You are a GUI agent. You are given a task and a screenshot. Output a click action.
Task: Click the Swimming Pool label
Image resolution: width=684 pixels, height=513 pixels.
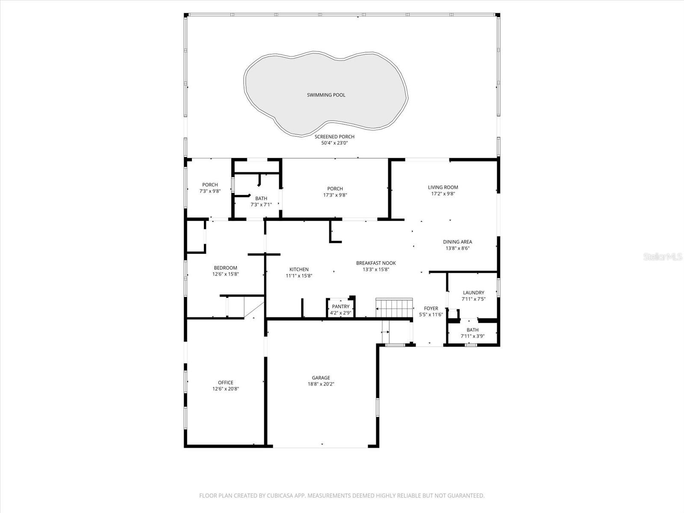326,95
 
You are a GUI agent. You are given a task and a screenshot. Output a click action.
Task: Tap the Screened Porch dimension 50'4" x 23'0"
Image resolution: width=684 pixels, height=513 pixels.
334,143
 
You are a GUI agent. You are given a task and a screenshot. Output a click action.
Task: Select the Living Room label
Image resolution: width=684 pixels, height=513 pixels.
443,187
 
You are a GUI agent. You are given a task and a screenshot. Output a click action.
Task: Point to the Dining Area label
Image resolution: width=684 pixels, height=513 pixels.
457,242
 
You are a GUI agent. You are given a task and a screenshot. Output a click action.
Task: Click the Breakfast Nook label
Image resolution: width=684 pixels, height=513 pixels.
376,263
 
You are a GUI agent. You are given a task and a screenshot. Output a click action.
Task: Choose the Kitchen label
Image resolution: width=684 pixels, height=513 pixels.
299,269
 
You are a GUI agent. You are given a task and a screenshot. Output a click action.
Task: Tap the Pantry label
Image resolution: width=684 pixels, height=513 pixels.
341,307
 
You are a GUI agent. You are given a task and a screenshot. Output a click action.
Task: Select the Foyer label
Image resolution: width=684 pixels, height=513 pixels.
431,308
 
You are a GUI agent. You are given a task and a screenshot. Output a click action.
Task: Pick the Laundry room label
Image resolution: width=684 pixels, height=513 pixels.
473,293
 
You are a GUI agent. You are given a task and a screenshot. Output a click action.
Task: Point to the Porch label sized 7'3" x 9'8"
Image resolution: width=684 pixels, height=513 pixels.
210,185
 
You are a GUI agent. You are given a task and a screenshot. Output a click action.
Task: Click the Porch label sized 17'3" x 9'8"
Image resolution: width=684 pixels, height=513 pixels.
335,189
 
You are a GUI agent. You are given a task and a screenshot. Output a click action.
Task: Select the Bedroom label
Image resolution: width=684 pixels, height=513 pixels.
225,268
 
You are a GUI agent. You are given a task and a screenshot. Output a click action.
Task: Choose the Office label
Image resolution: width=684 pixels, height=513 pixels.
225,383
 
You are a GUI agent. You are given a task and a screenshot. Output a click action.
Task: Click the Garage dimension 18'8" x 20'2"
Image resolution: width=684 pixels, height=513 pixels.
321,384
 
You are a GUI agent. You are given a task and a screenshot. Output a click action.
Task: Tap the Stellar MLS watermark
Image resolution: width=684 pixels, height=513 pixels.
664,257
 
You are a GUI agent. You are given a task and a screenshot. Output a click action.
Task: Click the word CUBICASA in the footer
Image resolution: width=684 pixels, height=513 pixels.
280,496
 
